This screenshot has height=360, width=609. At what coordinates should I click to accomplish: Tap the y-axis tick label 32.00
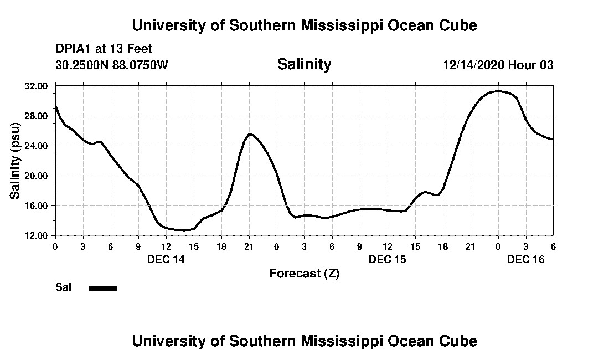pyautogui.click(x=37, y=86)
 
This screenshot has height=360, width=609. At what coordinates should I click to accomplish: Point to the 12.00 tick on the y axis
pyautogui.click(x=37, y=235)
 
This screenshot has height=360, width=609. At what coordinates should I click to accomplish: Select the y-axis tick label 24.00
pyautogui.click(x=37, y=146)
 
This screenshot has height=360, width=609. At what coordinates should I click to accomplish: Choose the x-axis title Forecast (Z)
pyautogui.click(x=304, y=273)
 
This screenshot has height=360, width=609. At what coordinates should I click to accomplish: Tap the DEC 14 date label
pyautogui.click(x=166, y=259)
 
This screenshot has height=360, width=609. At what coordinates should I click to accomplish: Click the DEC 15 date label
pyautogui.click(x=387, y=259)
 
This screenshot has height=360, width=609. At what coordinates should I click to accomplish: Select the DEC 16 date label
pyautogui.click(x=525, y=259)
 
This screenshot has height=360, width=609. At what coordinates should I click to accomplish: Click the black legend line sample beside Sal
pyautogui.click(x=103, y=288)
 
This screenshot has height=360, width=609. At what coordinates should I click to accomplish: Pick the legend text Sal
pyautogui.click(x=63, y=287)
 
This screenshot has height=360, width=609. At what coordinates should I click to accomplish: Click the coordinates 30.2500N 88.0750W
pyautogui.click(x=111, y=65)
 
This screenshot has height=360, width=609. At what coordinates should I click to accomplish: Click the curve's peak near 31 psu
pyautogui.click(x=498, y=91)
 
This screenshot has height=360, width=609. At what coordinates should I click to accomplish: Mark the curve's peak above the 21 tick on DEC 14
pyautogui.click(x=250, y=134)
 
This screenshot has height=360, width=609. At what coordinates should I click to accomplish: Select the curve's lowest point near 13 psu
pyautogui.click(x=184, y=230)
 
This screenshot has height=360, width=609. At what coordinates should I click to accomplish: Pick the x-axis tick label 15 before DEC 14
pyautogui.click(x=193, y=246)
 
